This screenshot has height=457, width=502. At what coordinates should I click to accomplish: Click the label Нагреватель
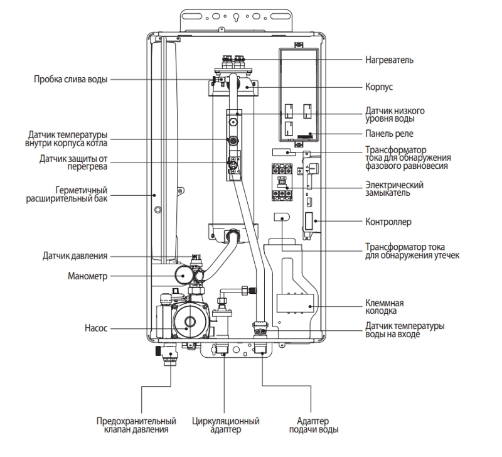click(x=389, y=60)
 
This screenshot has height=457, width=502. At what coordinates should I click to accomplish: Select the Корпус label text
click(x=379, y=87)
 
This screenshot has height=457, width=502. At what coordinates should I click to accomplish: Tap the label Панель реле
click(x=389, y=134)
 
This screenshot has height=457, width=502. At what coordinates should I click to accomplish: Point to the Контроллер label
click(x=388, y=222)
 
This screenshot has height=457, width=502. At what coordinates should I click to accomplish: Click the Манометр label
click(x=87, y=276)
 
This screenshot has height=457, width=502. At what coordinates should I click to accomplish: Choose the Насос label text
click(x=96, y=328)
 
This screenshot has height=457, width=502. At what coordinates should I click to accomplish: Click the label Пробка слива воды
click(x=70, y=79)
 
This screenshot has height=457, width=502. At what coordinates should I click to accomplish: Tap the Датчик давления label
click(x=75, y=256)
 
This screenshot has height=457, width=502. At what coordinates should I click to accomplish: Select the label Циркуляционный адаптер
click(x=226, y=425)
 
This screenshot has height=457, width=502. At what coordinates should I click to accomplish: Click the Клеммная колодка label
click(x=385, y=307)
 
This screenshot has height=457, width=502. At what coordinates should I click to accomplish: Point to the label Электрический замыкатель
click(x=395, y=189)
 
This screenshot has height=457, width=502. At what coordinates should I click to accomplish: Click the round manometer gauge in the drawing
click(x=183, y=275)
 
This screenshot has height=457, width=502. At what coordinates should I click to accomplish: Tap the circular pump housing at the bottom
click(x=190, y=321)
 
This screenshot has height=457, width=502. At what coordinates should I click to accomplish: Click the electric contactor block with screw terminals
click(x=282, y=182)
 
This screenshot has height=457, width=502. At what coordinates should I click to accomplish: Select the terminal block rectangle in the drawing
click(x=295, y=304)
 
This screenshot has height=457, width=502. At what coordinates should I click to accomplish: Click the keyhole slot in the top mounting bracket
click(x=237, y=18)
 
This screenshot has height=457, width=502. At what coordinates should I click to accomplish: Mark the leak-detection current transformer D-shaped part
click(x=282, y=217)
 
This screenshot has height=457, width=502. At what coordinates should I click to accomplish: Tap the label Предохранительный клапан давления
click(x=136, y=425)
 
